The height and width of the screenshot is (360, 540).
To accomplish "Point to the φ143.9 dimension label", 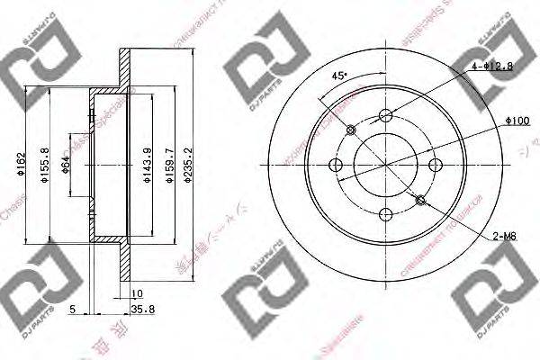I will [x=147, y=165].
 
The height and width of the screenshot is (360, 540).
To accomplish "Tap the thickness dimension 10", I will [x=137, y=294].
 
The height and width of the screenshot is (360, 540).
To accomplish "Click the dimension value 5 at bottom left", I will [x=72, y=308].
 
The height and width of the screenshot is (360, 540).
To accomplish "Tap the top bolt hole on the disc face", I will [x=386, y=114].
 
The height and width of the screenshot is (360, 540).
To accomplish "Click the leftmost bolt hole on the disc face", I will [x=337, y=164].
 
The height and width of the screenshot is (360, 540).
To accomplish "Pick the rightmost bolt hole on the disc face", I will [x=436, y=164].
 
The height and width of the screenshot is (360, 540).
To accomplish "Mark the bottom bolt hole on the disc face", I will [x=386, y=213].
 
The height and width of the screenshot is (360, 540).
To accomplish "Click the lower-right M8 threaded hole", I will [x=421, y=198].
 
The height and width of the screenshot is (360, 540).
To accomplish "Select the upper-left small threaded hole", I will [x=351, y=130].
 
